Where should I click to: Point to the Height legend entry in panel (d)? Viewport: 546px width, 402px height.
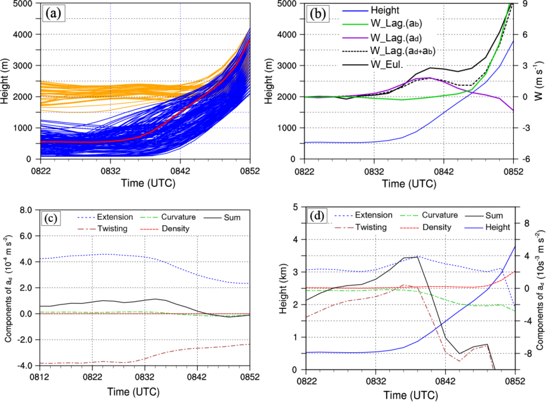(x=496, y=227)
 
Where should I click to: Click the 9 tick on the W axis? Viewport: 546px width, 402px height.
(x=522, y=3)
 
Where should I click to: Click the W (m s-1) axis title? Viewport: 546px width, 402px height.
(x=538, y=81)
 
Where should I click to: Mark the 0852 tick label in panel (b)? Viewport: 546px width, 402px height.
(x=513, y=168)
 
